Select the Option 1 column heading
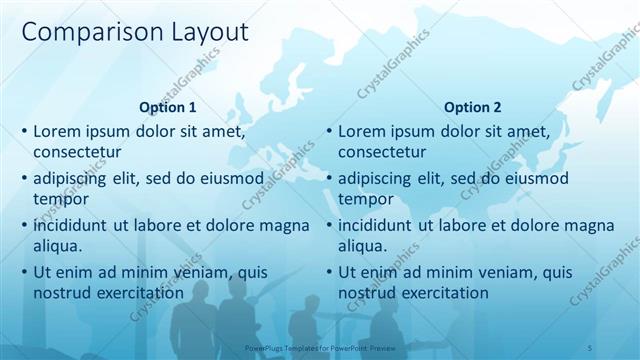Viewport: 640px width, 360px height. coord(168,108)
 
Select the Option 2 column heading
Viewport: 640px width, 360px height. coord(473,108)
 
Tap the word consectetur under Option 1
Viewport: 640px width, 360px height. coord(77,152)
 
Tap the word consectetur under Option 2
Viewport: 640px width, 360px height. coord(382,152)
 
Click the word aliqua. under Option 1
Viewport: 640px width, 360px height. coord(58,246)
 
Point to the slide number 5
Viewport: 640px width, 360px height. coord(590,347)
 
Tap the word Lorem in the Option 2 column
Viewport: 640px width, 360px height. coord(362,132)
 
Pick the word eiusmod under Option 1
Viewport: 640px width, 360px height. coord(232,179)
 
